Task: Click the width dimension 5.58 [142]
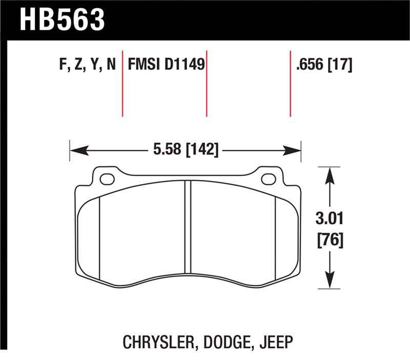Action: (x=186, y=150)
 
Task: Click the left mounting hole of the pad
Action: (x=107, y=179)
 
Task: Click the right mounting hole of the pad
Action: (x=268, y=179)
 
